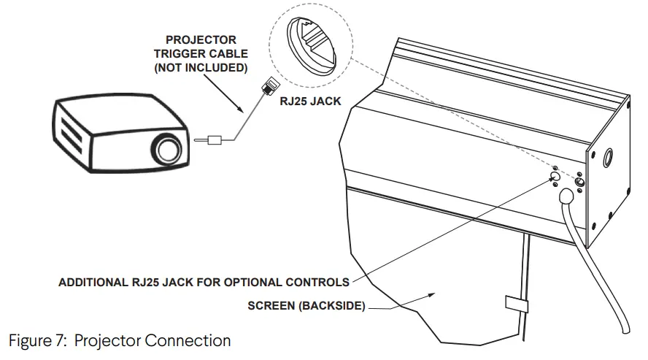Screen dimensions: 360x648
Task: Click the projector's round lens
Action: point(167,150)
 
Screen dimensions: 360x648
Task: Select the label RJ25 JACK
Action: point(311,102)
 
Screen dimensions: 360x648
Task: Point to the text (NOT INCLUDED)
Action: point(200,68)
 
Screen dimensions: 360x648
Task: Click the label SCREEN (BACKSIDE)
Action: point(306,306)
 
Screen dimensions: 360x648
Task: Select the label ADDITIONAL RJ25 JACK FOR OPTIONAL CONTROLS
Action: point(204,282)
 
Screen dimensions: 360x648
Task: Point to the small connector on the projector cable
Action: point(215,139)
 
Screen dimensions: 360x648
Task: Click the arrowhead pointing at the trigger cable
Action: point(242,112)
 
